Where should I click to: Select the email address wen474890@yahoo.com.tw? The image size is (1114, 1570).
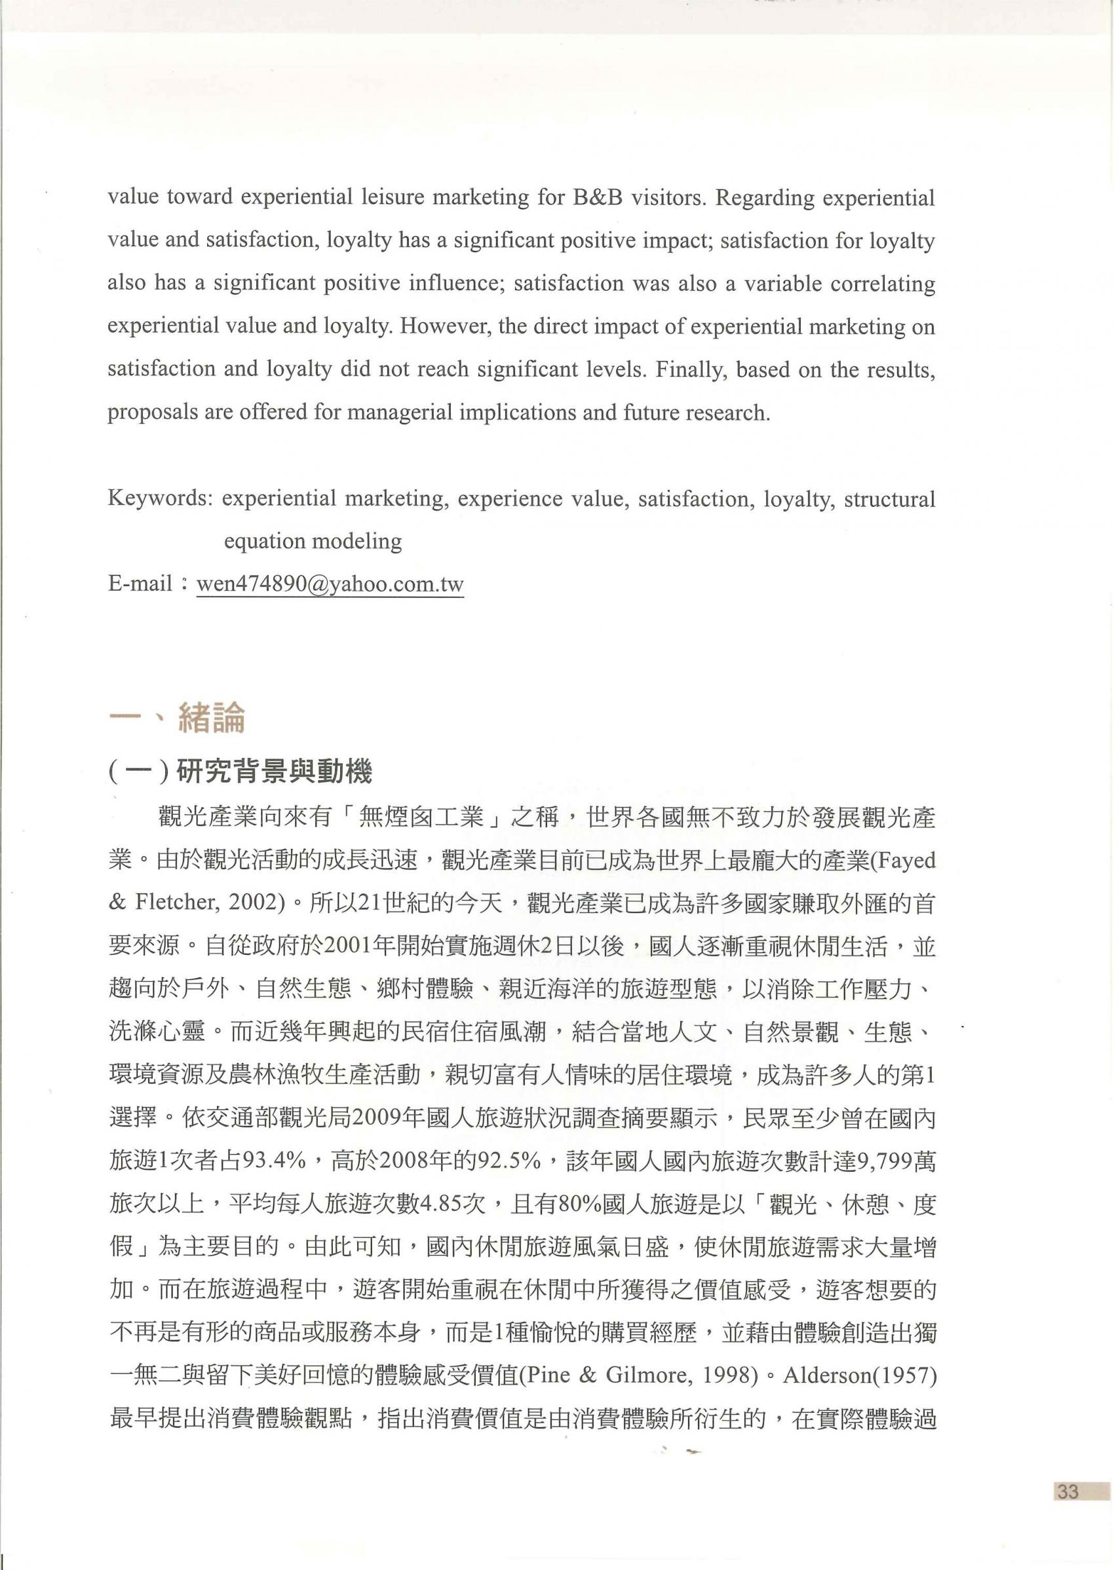tap(330, 585)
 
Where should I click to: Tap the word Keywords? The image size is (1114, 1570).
tap(158, 498)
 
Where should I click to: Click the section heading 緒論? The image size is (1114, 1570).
tap(211, 719)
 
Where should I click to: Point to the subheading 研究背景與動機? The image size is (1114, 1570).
tap(275, 773)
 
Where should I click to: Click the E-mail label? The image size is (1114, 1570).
tap(140, 585)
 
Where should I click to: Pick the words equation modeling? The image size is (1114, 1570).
tap(313, 542)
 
